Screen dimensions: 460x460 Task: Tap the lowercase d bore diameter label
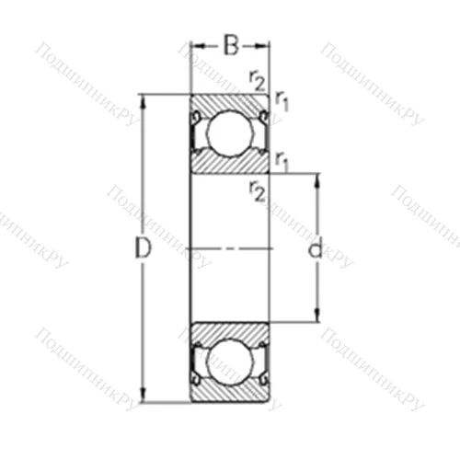tap(316, 247)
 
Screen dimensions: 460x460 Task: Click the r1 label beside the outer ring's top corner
tap(282, 102)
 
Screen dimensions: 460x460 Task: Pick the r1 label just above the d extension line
tap(282, 159)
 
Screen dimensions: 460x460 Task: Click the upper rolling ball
tap(229, 132)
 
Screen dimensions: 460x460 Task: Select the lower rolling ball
tap(229, 362)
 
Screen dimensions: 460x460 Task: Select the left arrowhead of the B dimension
tap(195, 43)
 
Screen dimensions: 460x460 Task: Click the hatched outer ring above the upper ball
tap(229, 101)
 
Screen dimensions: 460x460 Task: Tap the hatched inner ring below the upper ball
tap(229, 164)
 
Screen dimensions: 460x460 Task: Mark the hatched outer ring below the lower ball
tap(229, 394)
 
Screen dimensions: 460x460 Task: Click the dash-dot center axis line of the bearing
tap(229, 247)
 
